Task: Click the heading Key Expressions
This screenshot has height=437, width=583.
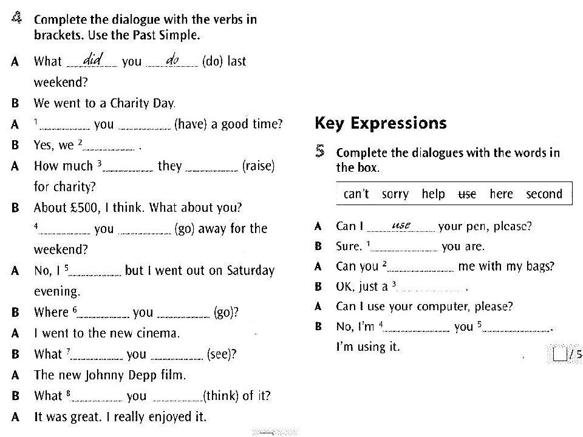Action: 381,124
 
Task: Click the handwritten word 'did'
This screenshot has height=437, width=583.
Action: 93,59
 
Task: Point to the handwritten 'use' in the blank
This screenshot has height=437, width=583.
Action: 402,225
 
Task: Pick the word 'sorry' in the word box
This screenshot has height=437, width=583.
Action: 395,194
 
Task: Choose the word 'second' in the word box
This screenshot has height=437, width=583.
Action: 544,194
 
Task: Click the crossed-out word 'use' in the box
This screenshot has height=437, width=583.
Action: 467,194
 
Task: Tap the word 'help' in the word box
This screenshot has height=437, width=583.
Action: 433,194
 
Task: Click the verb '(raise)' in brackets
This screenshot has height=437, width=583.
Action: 258,166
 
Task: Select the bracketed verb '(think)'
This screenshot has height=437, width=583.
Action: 222,396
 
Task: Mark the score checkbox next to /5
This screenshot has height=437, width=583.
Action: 560,354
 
